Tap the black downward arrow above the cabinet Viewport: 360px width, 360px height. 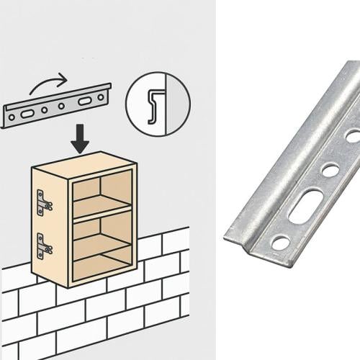pyautogui.click(x=80, y=139)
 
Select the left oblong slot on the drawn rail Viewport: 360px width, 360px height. pyautogui.click(x=27, y=114)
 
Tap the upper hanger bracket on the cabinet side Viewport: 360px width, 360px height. pyautogui.click(x=44, y=200)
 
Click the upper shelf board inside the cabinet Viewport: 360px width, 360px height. pyautogui.click(x=102, y=209)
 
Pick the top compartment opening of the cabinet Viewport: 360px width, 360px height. pyautogui.click(x=102, y=189)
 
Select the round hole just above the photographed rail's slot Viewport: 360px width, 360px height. pyautogui.click(x=330, y=171)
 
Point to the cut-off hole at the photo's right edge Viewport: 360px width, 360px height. pyautogui.click(x=354, y=135)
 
